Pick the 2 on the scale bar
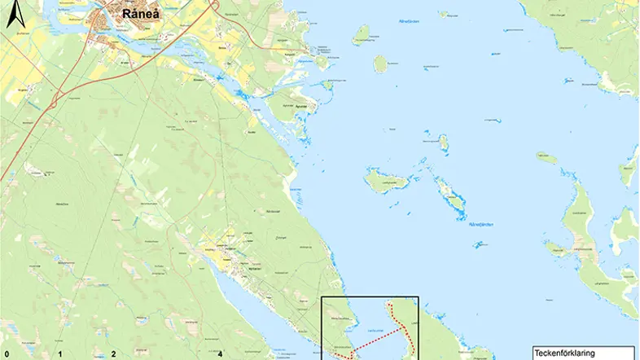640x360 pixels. pyautogui.click(x=113, y=354)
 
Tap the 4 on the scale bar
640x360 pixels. pyautogui.click(x=221, y=354)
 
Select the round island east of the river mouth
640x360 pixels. pyautogui.click(x=380, y=64)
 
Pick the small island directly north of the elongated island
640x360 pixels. pyautogui.click(x=444, y=144)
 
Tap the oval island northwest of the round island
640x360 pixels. pyautogui.click(x=362, y=34)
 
